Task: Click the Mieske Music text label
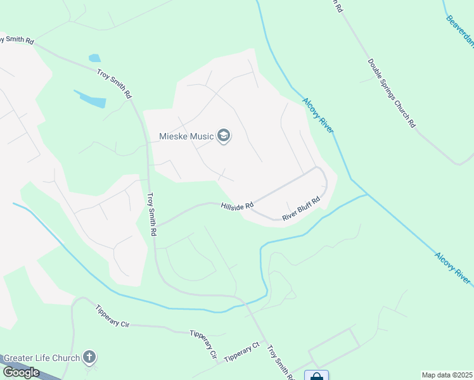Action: [x=186, y=136]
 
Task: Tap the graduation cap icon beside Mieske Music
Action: [x=223, y=136]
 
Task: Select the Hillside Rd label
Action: [x=237, y=205]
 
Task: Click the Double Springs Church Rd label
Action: [x=392, y=93]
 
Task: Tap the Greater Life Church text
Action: [x=42, y=358]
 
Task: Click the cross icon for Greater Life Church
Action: [x=89, y=358]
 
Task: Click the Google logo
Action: [x=21, y=372]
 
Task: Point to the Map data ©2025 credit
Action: [x=447, y=375]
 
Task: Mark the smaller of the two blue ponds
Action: [x=94, y=58]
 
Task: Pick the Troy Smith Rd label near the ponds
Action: [x=115, y=84]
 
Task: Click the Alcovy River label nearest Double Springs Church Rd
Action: [x=317, y=115]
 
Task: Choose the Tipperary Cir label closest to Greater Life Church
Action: [x=112, y=316]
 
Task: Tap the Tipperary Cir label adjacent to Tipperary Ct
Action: [x=203, y=343]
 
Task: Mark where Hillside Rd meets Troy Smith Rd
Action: [x=156, y=225]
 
